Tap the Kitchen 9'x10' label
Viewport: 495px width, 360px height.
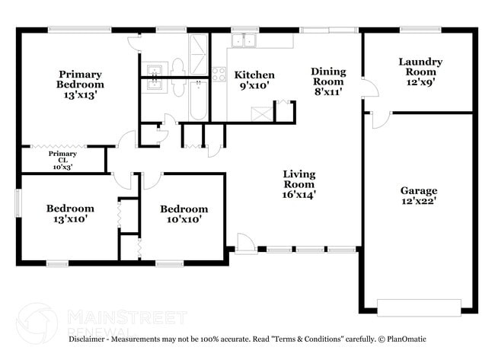point(254,80)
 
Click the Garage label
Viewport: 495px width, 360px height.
point(419,196)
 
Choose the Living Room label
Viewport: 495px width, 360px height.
point(299,184)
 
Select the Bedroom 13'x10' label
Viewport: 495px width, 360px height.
point(70,213)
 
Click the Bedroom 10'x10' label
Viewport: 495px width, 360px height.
point(184,214)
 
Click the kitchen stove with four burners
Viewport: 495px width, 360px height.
point(219,75)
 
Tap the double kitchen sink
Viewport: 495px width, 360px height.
point(244,41)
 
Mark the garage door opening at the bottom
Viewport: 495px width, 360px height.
point(419,307)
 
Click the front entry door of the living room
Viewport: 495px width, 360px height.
point(246,244)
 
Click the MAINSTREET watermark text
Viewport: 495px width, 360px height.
point(126,316)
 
